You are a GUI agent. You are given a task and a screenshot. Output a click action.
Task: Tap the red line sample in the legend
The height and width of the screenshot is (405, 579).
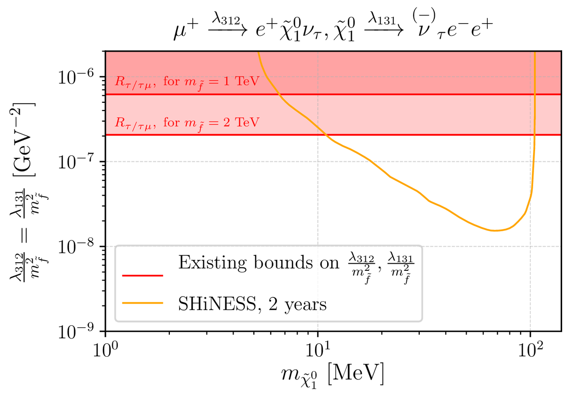tap(143, 275)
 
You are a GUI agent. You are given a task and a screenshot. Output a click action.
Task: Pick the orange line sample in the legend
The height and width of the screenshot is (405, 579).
tap(143, 304)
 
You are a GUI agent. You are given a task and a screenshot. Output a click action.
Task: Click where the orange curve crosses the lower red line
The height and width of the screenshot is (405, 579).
tap(327, 135)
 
